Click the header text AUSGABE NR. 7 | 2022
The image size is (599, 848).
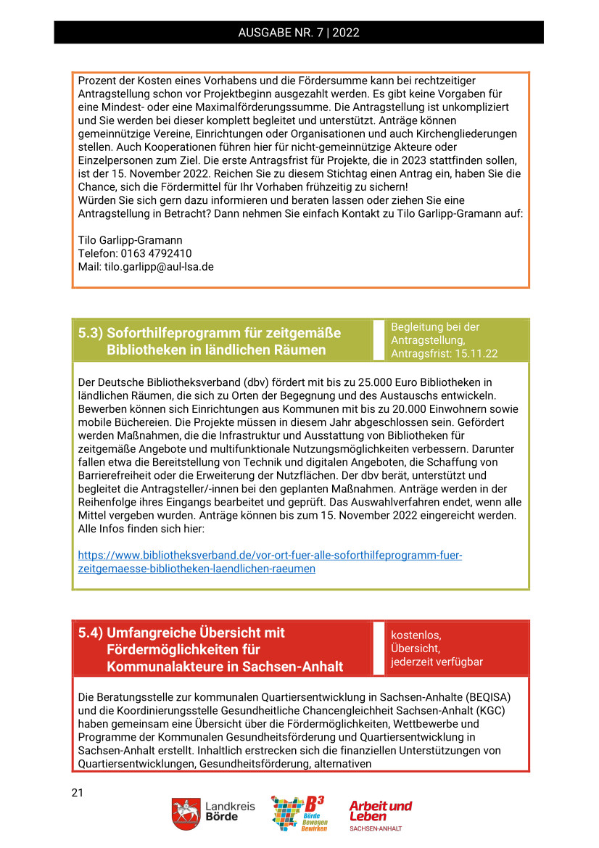[x=299, y=33]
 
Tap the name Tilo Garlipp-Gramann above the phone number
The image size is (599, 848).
[x=130, y=240]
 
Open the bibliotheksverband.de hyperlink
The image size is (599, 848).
[x=270, y=562]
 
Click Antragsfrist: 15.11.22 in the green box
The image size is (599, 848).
[x=445, y=353]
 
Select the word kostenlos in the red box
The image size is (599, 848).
[x=416, y=635]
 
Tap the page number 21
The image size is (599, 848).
[x=78, y=792]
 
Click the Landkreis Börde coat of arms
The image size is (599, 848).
[x=186, y=813]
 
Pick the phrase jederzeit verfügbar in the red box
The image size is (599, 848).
[x=437, y=662]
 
